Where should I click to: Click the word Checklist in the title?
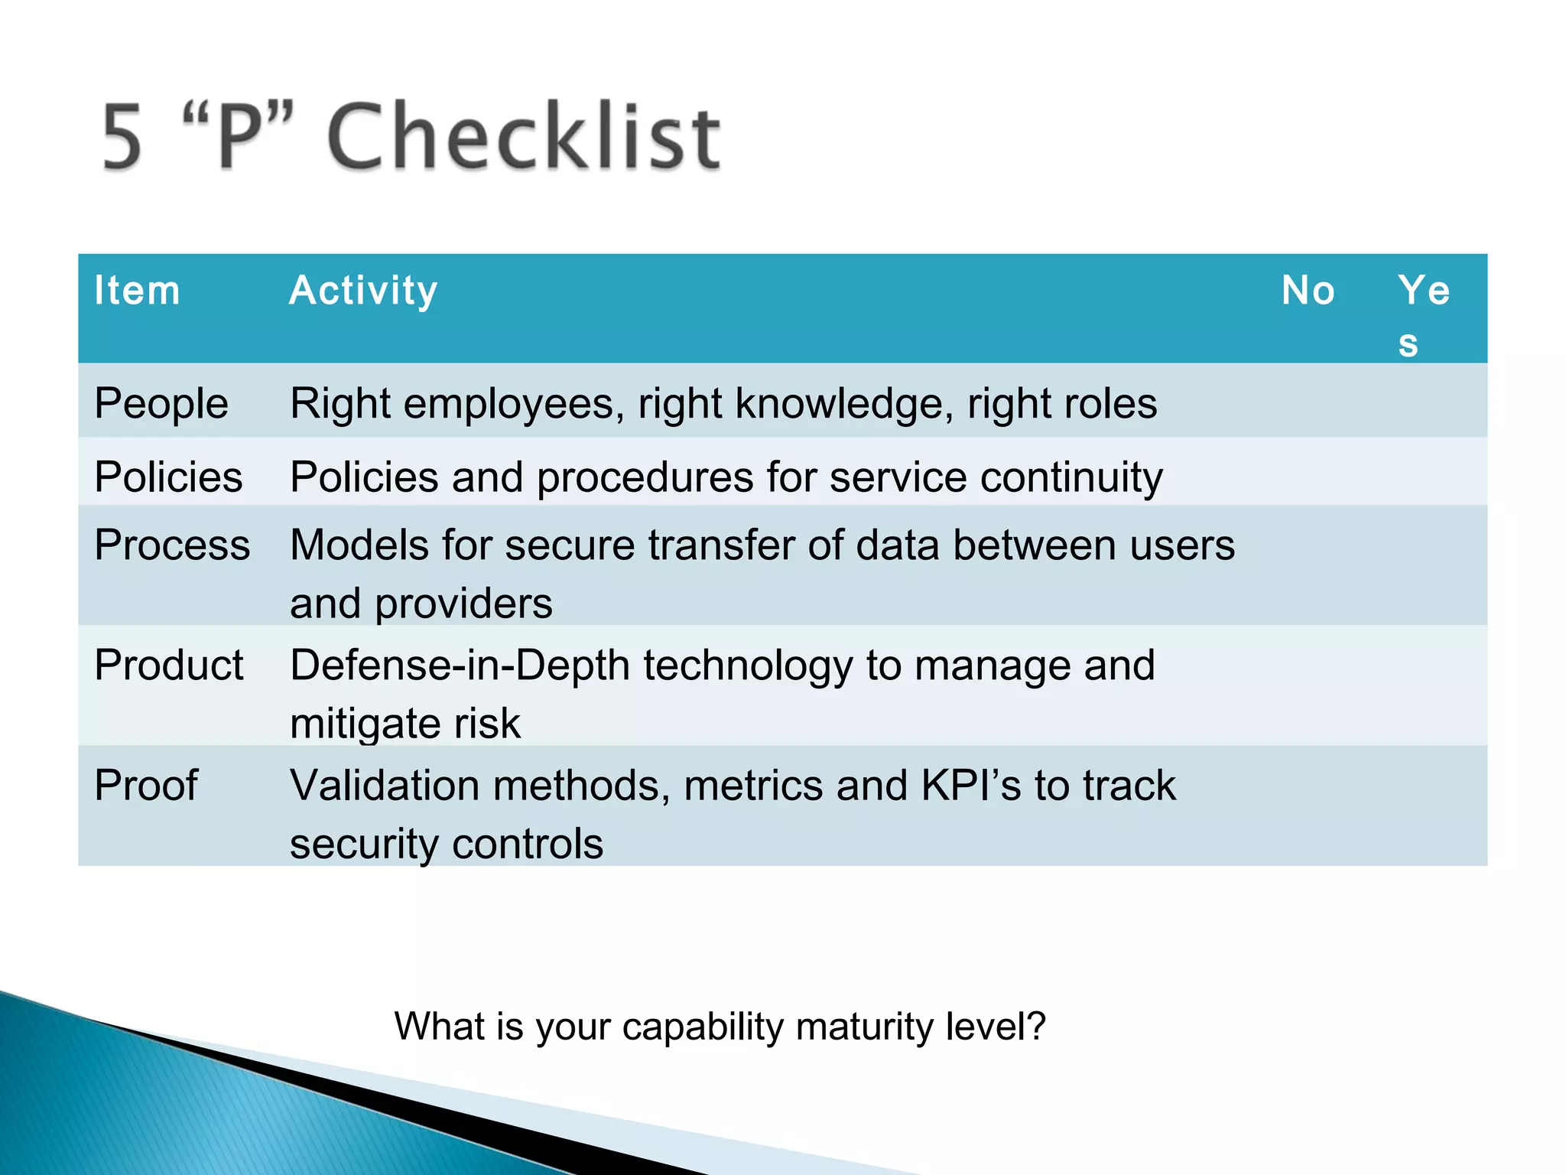coord(524,138)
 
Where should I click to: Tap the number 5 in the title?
coord(122,138)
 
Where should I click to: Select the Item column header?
coord(137,291)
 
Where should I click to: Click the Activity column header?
coord(363,291)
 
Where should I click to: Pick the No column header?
coord(1308,291)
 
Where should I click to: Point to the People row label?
coord(161,403)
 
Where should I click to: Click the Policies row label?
coord(168,477)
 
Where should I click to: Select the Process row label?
coord(172,545)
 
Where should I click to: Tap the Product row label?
coord(169,665)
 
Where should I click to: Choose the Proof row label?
coord(146,785)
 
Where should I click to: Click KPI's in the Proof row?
coord(971,785)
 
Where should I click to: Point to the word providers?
coord(463,604)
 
